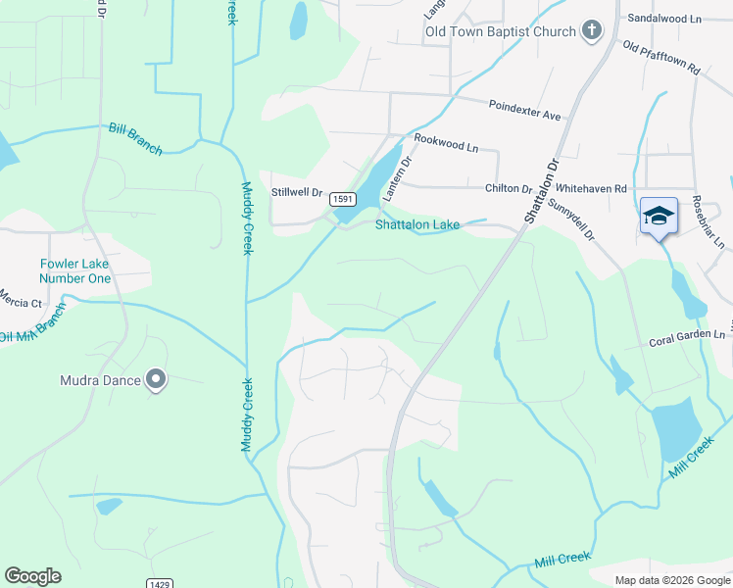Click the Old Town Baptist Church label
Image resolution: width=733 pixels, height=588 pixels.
click(x=500, y=31)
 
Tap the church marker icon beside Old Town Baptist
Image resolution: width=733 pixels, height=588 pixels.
click(x=591, y=31)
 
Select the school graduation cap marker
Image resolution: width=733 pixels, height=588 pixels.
click(x=659, y=215)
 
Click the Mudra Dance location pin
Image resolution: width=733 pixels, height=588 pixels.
click(x=155, y=379)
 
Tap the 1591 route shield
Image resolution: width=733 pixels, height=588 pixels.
click(x=342, y=198)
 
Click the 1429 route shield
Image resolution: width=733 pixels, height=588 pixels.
click(x=161, y=583)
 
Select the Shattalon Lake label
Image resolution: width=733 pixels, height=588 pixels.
click(x=417, y=224)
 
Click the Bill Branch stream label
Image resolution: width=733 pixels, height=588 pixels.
click(x=136, y=137)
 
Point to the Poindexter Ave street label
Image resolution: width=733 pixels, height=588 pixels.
click(x=524, y=109)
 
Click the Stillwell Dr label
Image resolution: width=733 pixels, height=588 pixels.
click(x=297, y=192)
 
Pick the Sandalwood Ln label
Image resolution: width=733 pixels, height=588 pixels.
click(x=667, y=19)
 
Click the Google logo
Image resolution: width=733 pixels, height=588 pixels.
click(x=32, y=575)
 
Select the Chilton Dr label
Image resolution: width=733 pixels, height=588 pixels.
click(x=508, y=188)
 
